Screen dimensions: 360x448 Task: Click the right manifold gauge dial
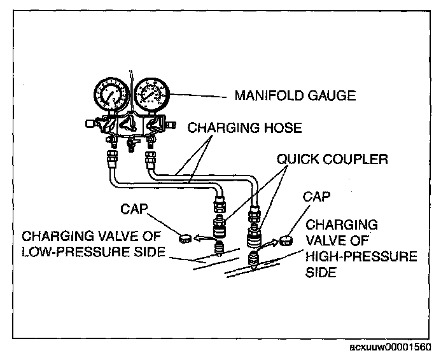pos(151,96)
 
